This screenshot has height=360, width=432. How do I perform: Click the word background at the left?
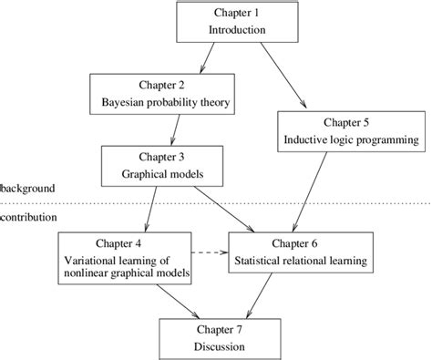[x=28, y=188]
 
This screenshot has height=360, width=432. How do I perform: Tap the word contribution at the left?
[x=30, y=219]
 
